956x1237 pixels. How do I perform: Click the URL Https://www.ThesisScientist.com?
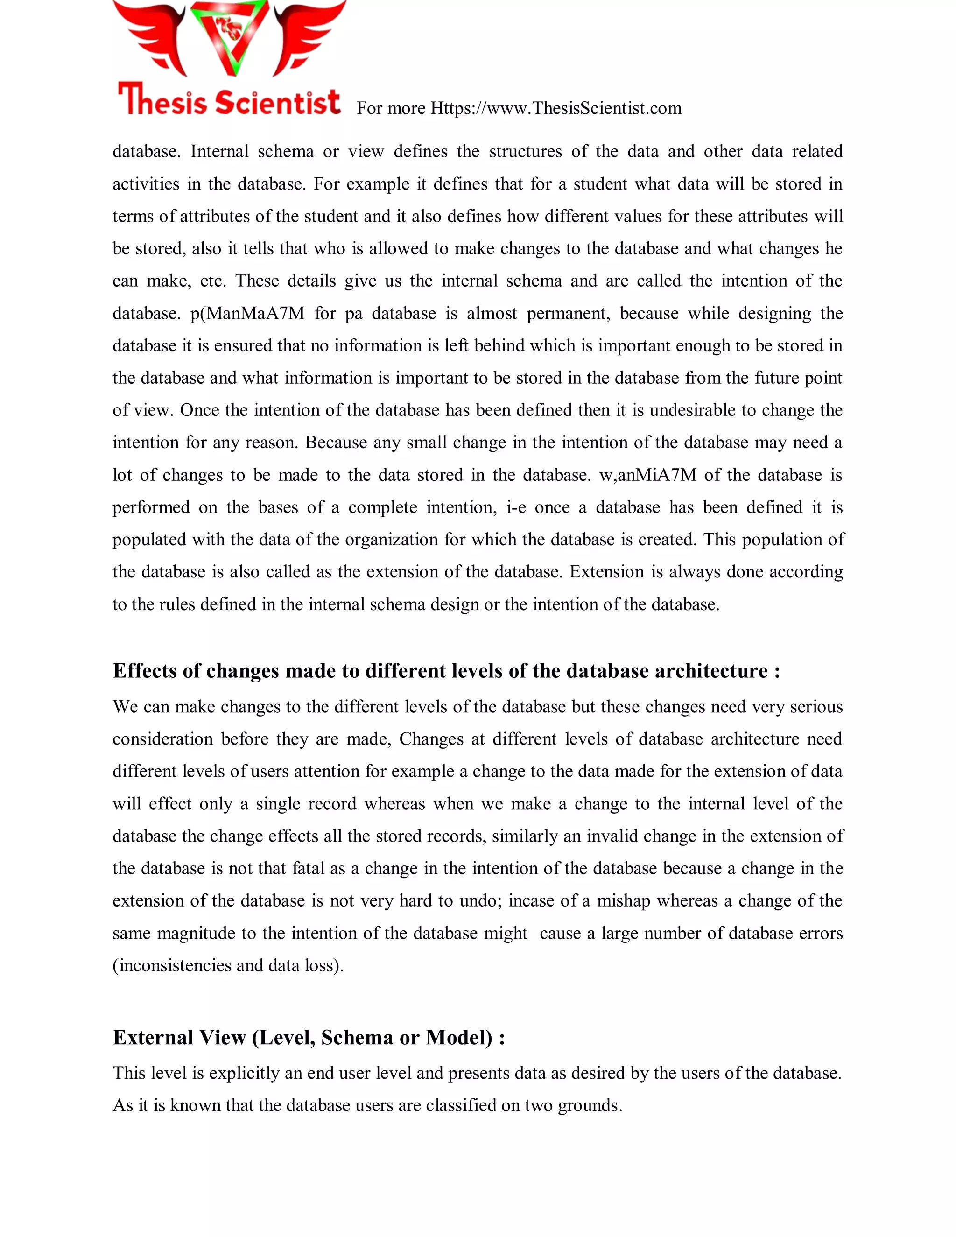point(555,108)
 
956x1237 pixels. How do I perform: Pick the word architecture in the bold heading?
point(711,671)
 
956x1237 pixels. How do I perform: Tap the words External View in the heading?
point(180,1037)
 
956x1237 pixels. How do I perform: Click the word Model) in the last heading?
point(459,1037)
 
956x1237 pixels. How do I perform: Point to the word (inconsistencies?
point(172,965)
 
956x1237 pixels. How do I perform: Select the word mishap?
point(623,900)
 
